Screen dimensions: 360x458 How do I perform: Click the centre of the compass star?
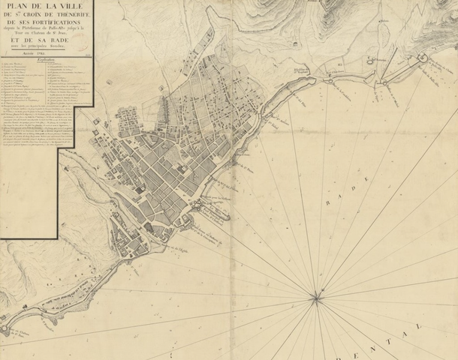(316, 300)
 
